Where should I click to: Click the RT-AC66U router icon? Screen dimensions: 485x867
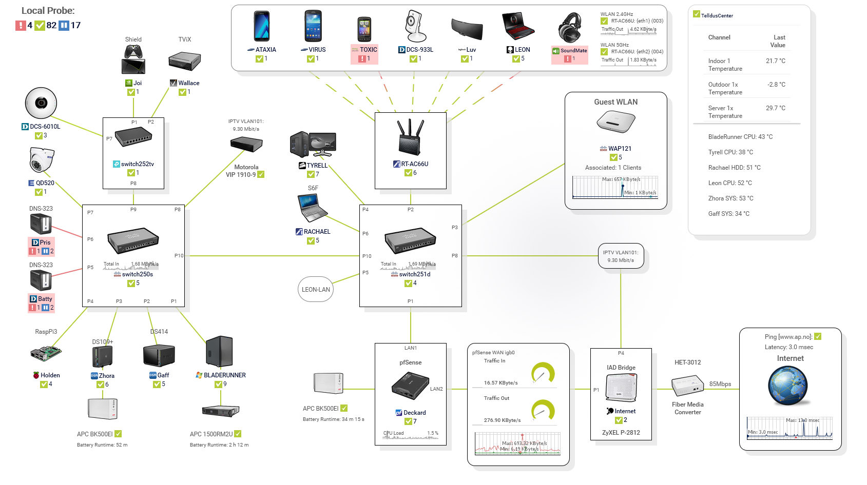point(410,137)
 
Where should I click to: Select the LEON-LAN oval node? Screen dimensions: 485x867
point(316,290)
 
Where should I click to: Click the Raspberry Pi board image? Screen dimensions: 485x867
point(46,353)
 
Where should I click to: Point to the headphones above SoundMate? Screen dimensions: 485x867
point(570,28)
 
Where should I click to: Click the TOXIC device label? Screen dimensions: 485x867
point(368,50)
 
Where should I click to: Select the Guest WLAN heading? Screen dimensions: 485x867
point(615,102)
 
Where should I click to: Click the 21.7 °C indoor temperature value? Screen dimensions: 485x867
point(775,61)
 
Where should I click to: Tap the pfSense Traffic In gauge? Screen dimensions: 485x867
point(543,373)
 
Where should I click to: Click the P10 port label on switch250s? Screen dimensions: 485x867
point(179,255)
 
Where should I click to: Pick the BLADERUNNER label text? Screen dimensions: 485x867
point(224,375)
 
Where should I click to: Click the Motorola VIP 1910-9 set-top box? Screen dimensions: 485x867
point(246,144)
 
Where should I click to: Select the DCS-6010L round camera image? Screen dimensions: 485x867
point(41,103)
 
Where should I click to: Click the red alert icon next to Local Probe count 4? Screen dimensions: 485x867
point(21,25)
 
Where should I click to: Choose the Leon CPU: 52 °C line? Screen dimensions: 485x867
point(729,183)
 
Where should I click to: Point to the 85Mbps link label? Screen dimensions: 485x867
point(720,384)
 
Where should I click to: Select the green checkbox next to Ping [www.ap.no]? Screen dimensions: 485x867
point(818,336)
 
